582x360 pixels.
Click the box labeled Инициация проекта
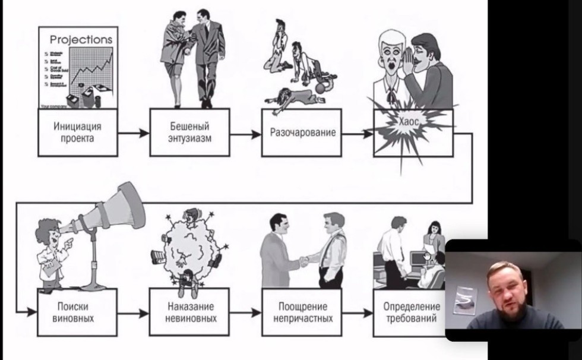(x=77, y=132)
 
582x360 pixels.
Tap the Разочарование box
(x=302, y=132)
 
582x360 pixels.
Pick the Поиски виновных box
(x=77, y=312)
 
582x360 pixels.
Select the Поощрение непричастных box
(x=302, y=312)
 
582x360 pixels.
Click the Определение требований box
(x=410, y=312)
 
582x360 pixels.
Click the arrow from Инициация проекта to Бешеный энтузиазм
(x=132, y=133)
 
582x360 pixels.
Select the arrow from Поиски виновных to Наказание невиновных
(x=132, y=312)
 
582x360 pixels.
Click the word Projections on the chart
(x=81, y=40)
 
